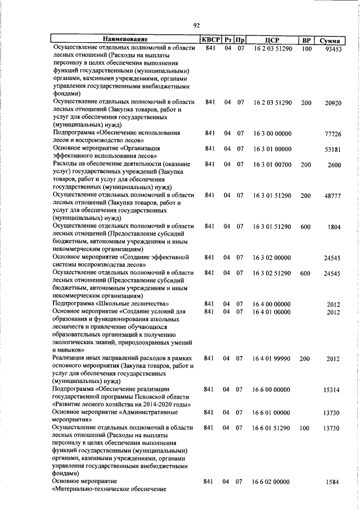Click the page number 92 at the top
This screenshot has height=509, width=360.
197,25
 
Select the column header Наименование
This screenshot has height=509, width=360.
125,39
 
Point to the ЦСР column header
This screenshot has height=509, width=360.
272,39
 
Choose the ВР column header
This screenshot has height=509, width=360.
306,39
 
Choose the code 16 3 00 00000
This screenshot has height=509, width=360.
272,134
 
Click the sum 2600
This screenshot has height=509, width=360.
334,164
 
